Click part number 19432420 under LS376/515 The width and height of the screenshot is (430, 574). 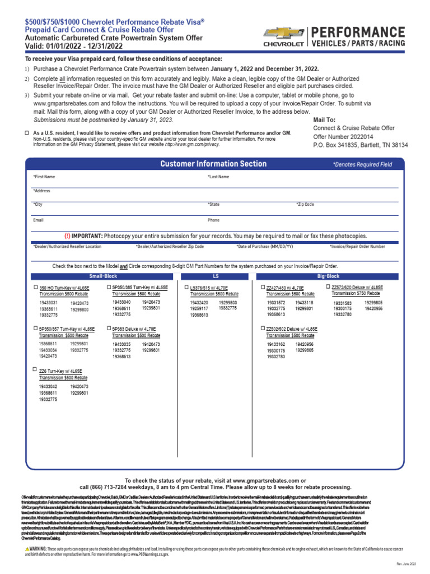199,303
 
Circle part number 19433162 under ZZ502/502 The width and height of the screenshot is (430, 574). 276,344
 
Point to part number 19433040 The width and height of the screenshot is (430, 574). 121,302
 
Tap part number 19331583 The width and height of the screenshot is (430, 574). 343,303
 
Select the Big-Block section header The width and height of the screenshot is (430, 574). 328,276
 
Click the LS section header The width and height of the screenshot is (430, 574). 216,276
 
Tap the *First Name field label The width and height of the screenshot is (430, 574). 44,177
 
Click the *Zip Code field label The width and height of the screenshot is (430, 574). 305,205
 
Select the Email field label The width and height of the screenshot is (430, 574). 38,220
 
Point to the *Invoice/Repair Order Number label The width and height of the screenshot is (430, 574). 357,246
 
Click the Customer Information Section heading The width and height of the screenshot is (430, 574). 213,164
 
